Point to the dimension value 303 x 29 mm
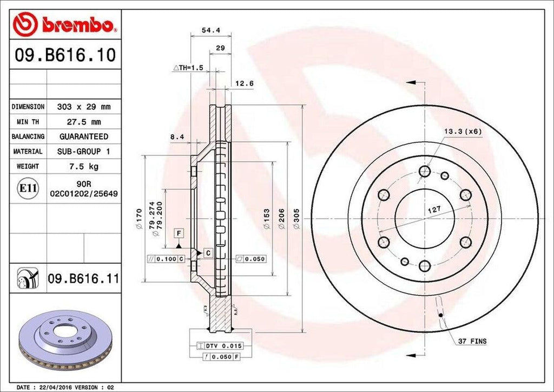[x=83, y=107]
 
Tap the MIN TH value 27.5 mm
[x=83, y=122]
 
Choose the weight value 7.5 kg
[x=83, y=166]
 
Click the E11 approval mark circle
[x=28, y=188]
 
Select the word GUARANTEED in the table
[x=83, y=136]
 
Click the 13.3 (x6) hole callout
[x=463, y=131]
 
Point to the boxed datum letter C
[x=207, y=252]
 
